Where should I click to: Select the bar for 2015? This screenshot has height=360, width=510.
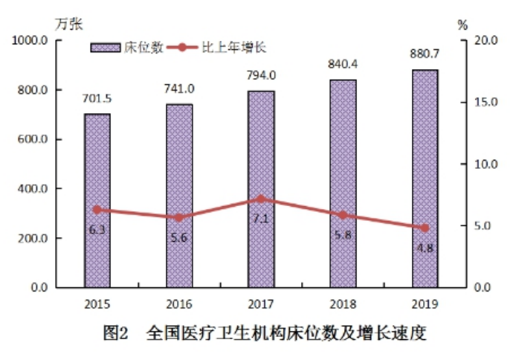tap(97, 201)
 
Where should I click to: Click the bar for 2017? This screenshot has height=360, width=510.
tap(261, 189)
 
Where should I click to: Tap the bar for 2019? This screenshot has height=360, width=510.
tap(425, 179)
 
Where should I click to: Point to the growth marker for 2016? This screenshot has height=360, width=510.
tap(178, 218)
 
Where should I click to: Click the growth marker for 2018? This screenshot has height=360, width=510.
tap(343, 215)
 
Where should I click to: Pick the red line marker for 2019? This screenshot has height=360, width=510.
tap(425, 228)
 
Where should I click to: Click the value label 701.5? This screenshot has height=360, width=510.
tap(97, 100)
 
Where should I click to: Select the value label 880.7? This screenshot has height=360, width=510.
tap(425, 54)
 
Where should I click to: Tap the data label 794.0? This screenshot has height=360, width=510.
tap(261, 75)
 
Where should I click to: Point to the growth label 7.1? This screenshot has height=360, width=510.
tap(261, 218)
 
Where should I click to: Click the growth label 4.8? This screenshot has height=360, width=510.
tap(425, 248)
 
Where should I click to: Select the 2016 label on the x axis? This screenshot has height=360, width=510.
tap(179, 303)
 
